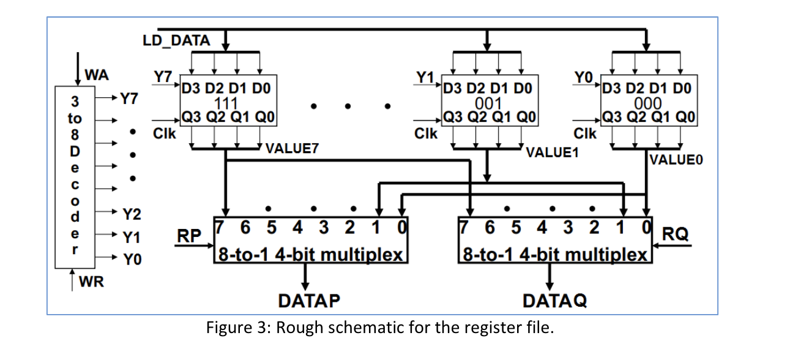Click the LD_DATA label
[176, 41]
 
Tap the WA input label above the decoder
[97, 75]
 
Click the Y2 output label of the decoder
[132, 214]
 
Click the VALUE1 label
[553, 152]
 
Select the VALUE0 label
[676, 160]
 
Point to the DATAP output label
[308, 301]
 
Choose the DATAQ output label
[554, 301]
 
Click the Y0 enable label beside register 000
[583, 78]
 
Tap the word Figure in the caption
[227, 328]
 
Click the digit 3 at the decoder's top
[74, 100]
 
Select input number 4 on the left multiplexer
[297, 227]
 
